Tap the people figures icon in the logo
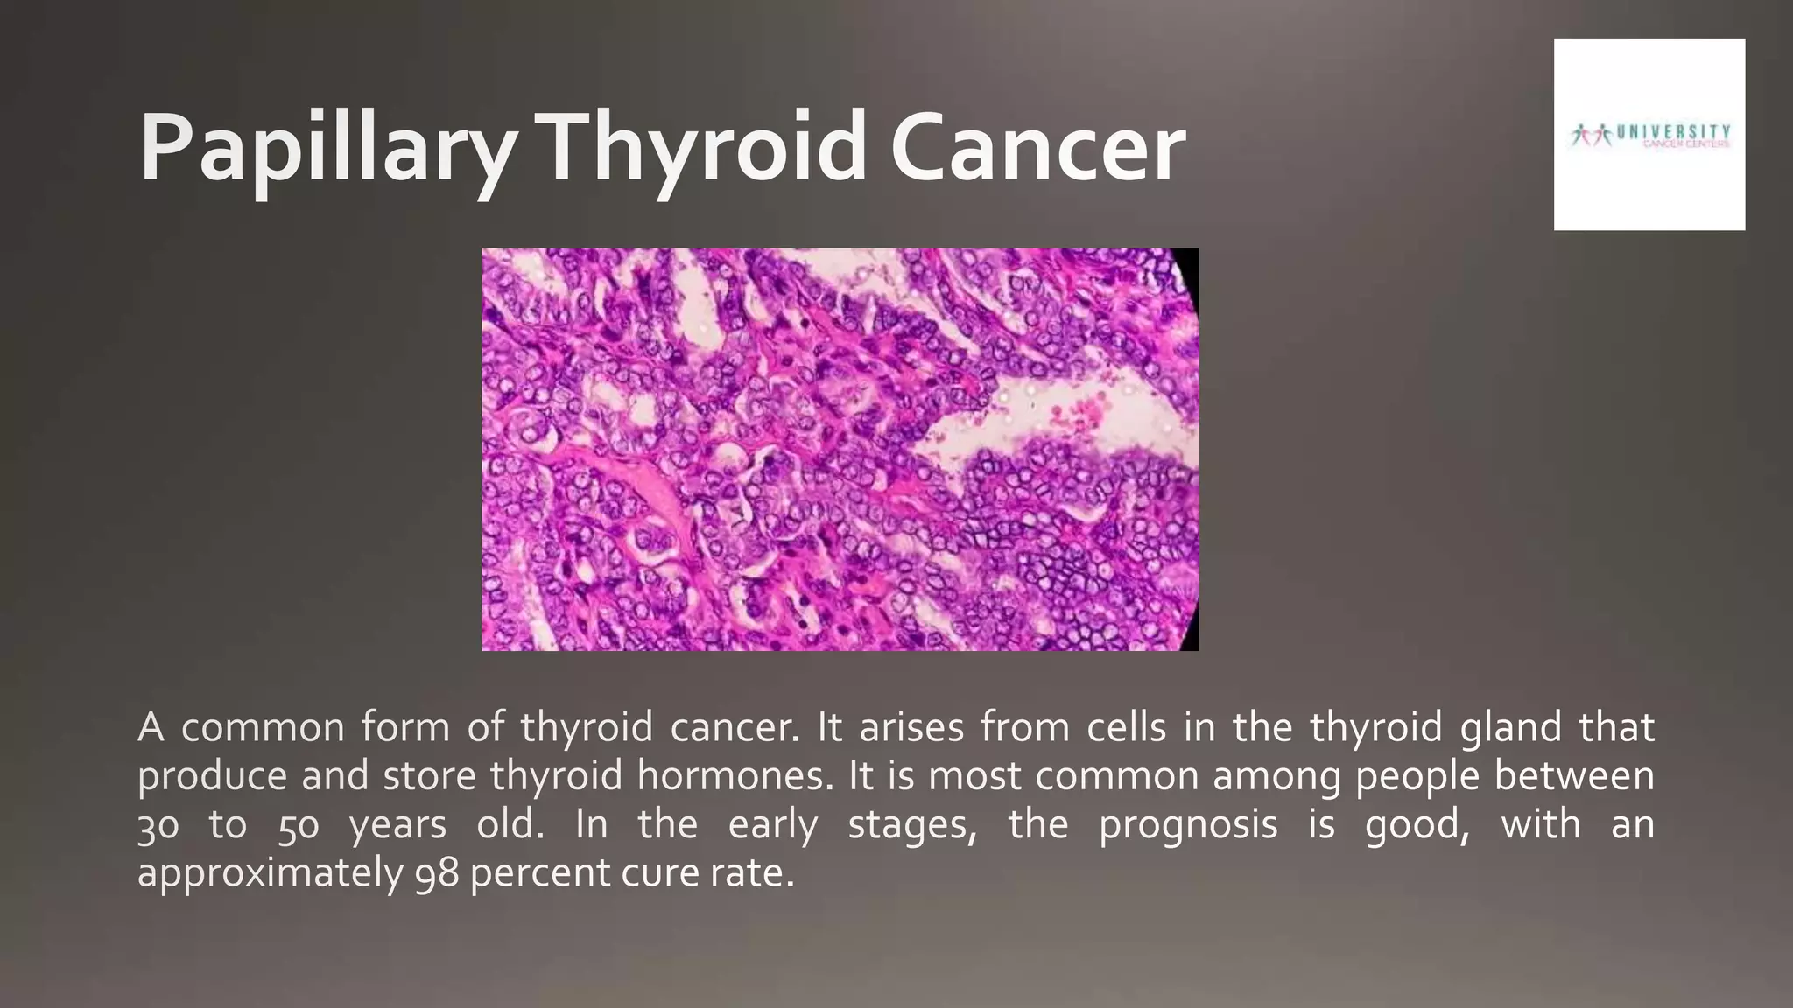coord(1591,135)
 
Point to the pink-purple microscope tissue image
coord(840,449)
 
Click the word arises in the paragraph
coord(911,728)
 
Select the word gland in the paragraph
coord(1510,728)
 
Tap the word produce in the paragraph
coord(212,776)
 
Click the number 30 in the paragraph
coord(158,825)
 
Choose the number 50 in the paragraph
coord(299,825)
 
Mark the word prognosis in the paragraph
coord(1188,825)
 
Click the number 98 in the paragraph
coord(437,873)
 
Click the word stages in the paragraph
coord(911,825)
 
